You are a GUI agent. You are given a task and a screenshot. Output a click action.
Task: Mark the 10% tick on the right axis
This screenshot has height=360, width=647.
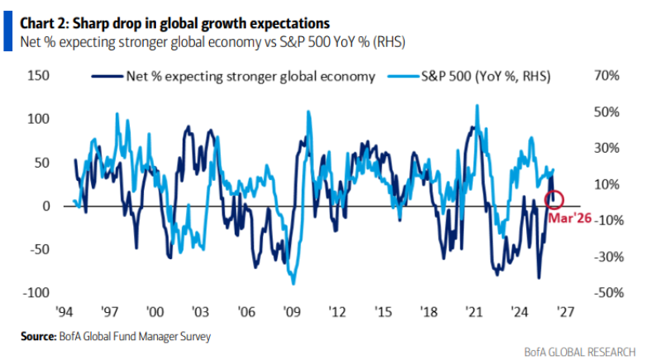pyautogui.click(x=607, y=184)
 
